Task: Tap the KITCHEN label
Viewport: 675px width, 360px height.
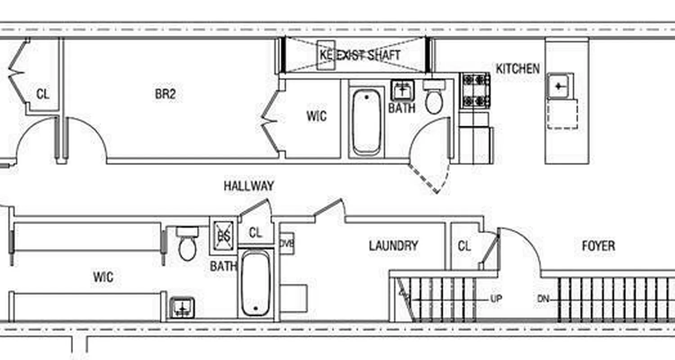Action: click(x=517, y=69)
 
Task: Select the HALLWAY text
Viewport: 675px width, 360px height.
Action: click(x=249, y=186)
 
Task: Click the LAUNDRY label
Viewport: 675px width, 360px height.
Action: click(x=393, y=246)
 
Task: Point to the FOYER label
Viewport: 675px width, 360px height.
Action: click(x=598, y=246)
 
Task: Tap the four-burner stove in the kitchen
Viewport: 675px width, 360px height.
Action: click(x=475, y=90)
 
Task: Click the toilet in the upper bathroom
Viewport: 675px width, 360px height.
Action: click(x=434, y=100)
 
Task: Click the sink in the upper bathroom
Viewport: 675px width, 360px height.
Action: click(x=401, y=90)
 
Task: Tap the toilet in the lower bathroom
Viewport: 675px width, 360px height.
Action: click(x=187, y=246)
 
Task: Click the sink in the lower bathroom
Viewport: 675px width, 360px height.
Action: click(x=182, y=308)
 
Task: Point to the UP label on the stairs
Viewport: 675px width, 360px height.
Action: click(x=496, y=298)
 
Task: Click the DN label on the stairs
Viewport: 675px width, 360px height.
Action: click(x=543, y=298)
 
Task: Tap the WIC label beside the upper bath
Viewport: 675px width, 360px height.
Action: click(x=316, y=116)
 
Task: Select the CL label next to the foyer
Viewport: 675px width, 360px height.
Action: click(x=464, y=246)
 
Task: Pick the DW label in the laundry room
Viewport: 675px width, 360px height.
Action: click(x=287, y=243)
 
